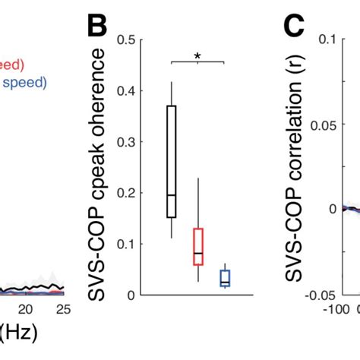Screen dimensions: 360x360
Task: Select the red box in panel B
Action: tap(198, 246)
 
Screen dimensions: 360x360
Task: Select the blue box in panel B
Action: tap(225, 278)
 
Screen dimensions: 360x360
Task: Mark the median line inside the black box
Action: tap(171, 195)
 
